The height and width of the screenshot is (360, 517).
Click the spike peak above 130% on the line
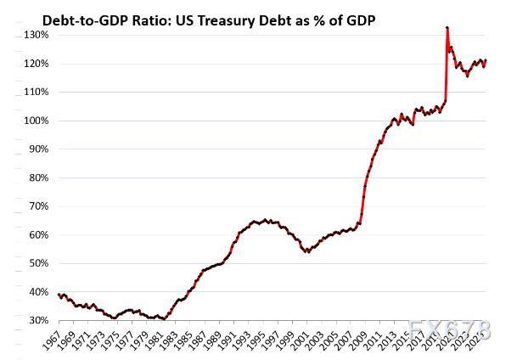point(447,28)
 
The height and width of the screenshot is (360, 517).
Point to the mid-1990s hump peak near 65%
point(265,220)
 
